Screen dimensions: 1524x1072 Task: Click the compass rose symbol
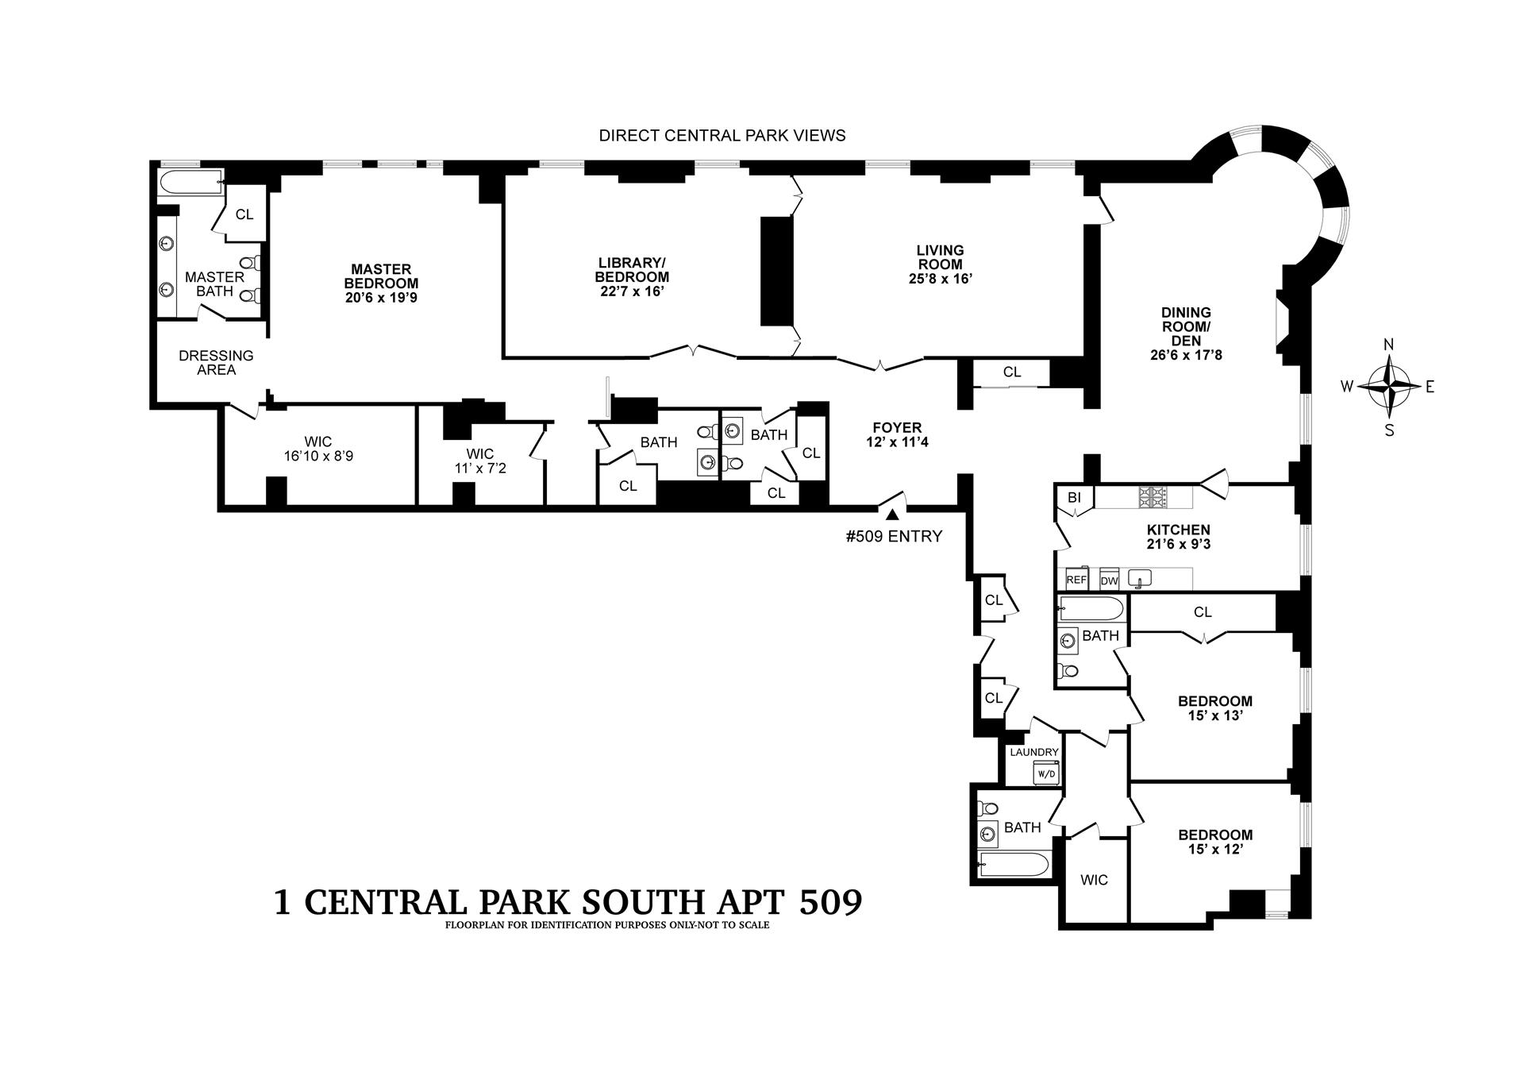click(1389, 387)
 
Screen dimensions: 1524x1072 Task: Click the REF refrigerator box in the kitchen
click(1076, 580)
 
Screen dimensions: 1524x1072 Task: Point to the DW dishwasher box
click(1109, 580)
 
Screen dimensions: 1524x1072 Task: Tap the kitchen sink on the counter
click(1140, 579)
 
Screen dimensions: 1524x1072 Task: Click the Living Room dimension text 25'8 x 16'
click(941, 279)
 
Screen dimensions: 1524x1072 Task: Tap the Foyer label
click(898, 428)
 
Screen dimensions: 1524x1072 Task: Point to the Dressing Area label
click(216, 362)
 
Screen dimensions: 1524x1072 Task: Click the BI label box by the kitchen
click(1074, 498)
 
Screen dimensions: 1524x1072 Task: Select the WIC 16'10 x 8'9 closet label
click(317, 449)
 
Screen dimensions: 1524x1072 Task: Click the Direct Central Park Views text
click(722, 136)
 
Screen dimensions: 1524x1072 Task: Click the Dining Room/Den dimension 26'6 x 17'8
click(1186, 355)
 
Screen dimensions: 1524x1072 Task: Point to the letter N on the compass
click(1389, 344)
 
